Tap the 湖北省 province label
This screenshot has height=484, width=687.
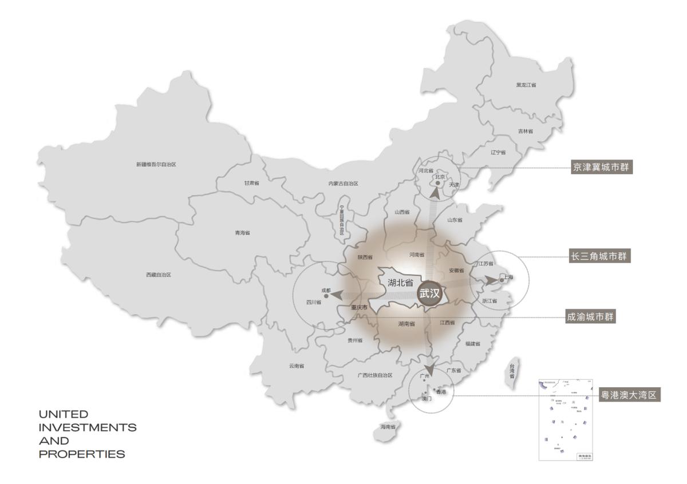tap(401, 282)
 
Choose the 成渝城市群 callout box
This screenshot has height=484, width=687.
tap(590, 316)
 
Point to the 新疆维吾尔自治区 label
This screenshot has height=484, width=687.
tap(156, 164)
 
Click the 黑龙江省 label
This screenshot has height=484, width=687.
tap(526, 85)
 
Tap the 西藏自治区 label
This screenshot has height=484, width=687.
tap(159, 275)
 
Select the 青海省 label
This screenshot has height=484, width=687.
tap(242, 233)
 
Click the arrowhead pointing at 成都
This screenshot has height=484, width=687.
tap(337, 295)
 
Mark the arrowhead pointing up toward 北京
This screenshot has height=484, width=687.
tap(436, 193)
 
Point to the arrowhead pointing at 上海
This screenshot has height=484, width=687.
tap(491, 280)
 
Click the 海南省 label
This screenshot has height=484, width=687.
tap(389, 427)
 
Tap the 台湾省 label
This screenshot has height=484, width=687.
tap(512, 371)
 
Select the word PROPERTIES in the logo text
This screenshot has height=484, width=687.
tap(82, 454)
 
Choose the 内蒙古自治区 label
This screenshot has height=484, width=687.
tap(343, 184)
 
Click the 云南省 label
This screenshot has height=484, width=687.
tap(297, 366)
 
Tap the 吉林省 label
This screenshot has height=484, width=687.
tap(526, 131)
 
